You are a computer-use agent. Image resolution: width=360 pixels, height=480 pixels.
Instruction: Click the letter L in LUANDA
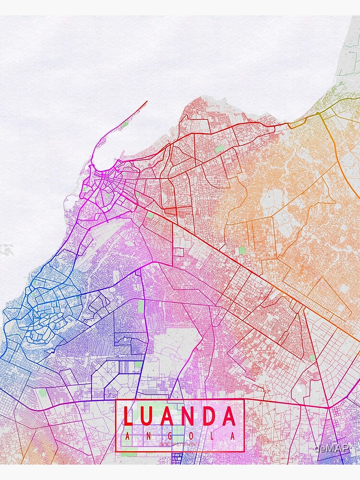pos(128,417)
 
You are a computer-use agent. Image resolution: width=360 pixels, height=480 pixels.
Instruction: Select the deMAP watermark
pos(331,449)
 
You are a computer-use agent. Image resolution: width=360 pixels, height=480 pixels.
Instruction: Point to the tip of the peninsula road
pos(147,101)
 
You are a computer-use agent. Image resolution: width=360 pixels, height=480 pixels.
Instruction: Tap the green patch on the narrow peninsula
pos(125,124)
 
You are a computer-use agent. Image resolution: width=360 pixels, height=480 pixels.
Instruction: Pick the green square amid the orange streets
pos(241,251)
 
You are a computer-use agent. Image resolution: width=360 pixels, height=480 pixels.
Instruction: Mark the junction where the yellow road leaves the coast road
pos(318,114)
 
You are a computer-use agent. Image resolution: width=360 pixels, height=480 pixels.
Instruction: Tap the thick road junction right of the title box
pos(328,407)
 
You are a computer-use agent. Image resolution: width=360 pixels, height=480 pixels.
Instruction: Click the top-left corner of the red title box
pos(117,400)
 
